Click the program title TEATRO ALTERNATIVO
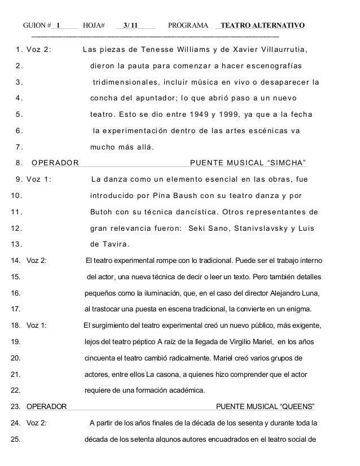click(263, 26)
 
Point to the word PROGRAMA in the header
click(188, 26)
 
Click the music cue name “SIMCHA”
click(287, 164)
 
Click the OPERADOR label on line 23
click(46, 407)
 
